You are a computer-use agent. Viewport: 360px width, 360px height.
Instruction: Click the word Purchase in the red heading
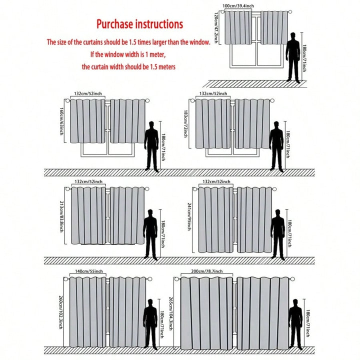(114, 24)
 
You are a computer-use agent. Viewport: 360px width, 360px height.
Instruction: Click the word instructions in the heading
(159, 24)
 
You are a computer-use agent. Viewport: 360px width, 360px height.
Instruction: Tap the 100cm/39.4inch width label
(238, 6)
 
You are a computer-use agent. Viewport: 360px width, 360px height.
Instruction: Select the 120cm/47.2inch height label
(216, 28)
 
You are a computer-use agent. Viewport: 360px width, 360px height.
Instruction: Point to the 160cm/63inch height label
(61, 121)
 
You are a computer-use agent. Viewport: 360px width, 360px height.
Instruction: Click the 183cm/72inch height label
(185, 124)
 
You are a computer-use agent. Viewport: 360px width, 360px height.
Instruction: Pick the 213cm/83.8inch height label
(61, 216)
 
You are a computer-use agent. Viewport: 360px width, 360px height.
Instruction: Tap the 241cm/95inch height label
(189, 216)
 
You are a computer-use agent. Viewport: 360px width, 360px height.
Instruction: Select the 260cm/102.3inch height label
(60, 312)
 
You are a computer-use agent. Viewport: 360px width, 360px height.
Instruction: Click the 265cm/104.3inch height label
(170, 313)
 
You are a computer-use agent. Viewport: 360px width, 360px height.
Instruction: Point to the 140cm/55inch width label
(89, 271)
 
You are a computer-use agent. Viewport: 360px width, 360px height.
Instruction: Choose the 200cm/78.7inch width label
(207, 271)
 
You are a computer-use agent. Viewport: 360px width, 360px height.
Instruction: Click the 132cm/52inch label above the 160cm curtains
(87, 93)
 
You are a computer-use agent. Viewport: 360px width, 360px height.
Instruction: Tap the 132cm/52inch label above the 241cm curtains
(216, 181)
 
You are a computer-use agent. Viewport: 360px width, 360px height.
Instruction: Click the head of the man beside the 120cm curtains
(292, 36)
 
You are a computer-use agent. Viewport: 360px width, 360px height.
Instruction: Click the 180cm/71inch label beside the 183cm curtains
(287, 144)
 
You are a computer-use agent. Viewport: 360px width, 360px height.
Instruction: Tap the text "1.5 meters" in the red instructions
(163, 67)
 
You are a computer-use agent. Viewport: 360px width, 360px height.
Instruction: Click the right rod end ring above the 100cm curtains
(290, 11)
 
